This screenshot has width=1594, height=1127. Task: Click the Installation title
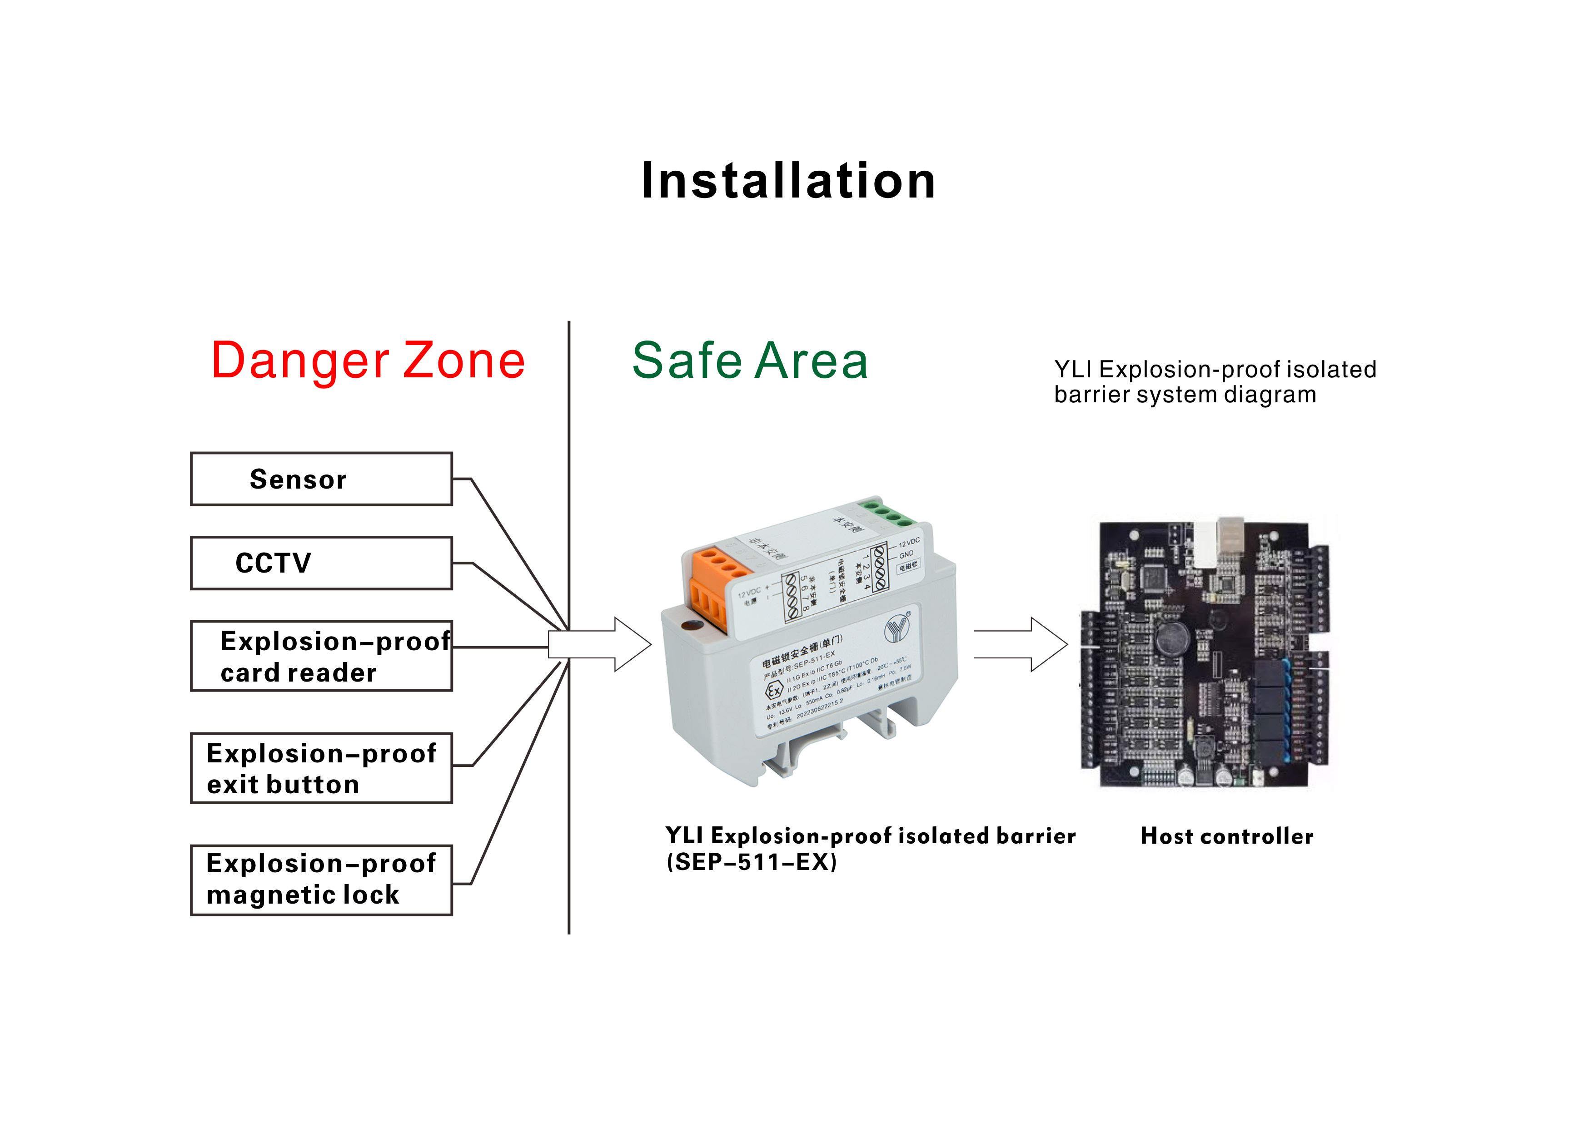tap(788, 180)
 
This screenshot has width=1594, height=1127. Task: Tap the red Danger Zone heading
tap(368, 361)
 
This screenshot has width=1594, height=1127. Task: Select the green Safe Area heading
tap(750, 361)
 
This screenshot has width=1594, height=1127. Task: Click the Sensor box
tap(321, 479)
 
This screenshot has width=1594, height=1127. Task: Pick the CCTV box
tap(321, 563)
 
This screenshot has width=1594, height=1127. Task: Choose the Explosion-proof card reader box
tap(321, 656)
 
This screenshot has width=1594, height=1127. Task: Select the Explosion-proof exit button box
tap(321, 768)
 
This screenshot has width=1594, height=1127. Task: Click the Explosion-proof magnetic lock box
tap(321, 880)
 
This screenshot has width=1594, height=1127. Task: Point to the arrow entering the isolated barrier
tap(601, 645)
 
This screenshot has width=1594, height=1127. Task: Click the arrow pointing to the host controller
tap(1021, 645)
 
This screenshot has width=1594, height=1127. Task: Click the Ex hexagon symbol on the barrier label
tap(773, 691)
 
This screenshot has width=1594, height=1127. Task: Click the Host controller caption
tap(1227, 836)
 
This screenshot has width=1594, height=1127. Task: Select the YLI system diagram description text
tap(1215, 382)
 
